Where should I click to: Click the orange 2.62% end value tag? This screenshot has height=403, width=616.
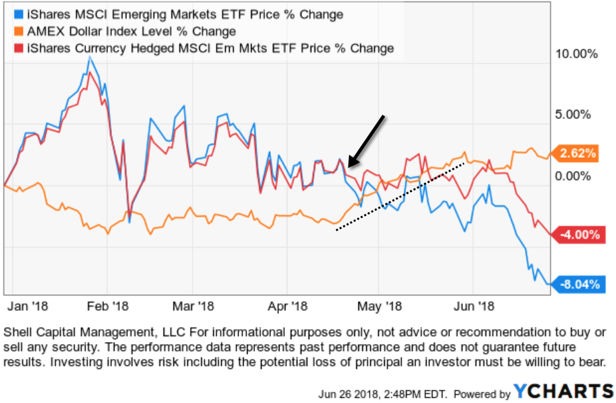point(578,154)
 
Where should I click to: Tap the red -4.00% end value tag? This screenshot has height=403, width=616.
point(578,235)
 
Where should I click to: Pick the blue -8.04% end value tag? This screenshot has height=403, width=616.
point(578,285)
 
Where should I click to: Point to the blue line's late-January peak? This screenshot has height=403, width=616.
point(89,58)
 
